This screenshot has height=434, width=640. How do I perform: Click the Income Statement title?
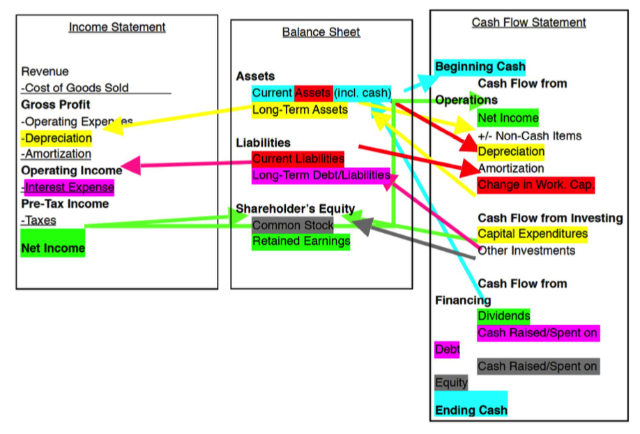pyautogui.click(x=117, y=27)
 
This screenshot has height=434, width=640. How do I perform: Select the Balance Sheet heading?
pyautogui.click(x=321, y=32)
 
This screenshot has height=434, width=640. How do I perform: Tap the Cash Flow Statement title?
pyautogui.click(x=528, y=22)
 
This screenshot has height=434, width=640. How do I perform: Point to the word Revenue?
pyautogui.click(x=45, y=71)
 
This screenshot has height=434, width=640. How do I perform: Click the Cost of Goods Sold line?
pyautogui.click(x=75, y=88)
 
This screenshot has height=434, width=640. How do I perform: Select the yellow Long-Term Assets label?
pyautogui.click(x=300, y=110)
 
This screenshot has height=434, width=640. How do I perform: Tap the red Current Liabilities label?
pyautogui.click(x=298, y=158)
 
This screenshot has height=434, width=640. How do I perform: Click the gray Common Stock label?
pyautogui.click(x=293, y=225)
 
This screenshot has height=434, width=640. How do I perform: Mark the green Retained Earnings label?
pyautogui.click(x=300, y=241)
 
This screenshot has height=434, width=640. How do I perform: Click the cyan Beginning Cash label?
pyautogui.click(x=480, y=67)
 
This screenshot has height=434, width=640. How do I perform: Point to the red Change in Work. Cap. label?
pyautogui.click(x=535, y=185)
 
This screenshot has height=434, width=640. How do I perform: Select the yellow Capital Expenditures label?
pyautogui.click(x=533, y=234)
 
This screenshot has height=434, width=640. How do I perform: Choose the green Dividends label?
pyautogui.click(x=503, y=316)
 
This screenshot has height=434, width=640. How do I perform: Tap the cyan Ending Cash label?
pyautogui.click(x=471, y=410)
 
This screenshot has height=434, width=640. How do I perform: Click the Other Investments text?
pyautogui.click(x=526, y=250)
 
